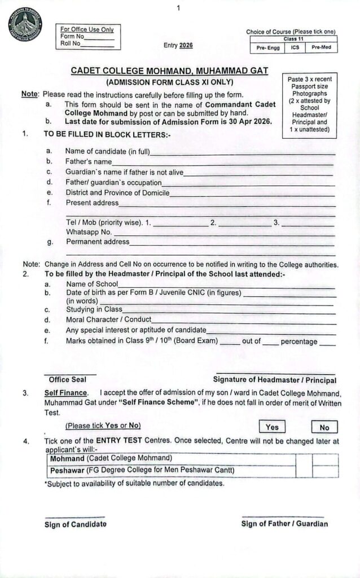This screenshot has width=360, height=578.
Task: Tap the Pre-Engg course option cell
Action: click(x=268, y=48)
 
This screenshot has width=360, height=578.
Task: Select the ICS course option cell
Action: click(x=295, y=48)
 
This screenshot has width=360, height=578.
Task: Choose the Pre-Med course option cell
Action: click(x=322, y=48)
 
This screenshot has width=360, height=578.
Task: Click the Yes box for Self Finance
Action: click(x=272, y=427)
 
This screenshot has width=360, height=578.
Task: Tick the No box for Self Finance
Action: click(x=324, y=427)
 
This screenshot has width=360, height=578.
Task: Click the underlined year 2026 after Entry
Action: click(x=186, y=46)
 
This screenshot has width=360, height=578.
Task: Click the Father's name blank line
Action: click(x=226, y=163)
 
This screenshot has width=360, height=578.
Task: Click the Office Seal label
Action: click(x=67, y=379)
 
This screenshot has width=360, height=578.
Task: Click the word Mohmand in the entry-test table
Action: click(x=67, y=458)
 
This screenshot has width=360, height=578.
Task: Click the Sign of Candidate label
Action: click(x=75, y=524)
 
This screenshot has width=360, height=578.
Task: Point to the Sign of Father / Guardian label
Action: click(x=284, y=524)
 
